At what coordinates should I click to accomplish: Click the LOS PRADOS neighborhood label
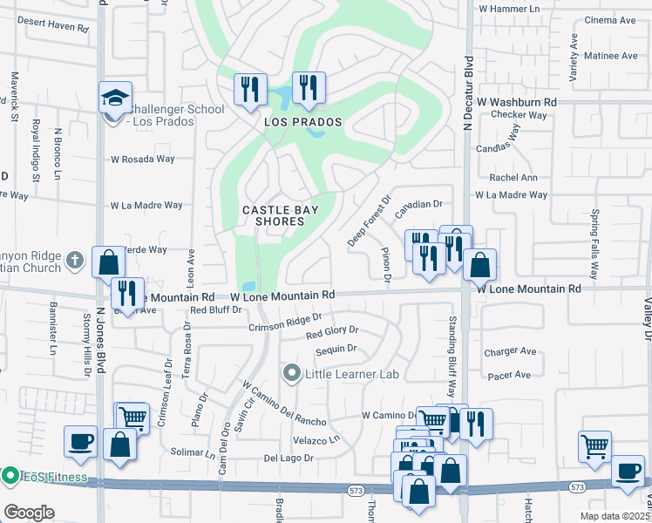(x=302, y=122)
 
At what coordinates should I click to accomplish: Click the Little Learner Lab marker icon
(x=292, y=375)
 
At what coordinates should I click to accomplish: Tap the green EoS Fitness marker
(x=10, y=476)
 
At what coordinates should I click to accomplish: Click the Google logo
(x=29, y=512)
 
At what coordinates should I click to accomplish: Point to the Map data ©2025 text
(x=615, y=516)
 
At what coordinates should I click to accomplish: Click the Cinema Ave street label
(x=611, y=20)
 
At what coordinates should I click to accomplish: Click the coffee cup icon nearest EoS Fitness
(x=80, y=440)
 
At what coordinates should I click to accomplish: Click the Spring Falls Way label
(x=596, y=244)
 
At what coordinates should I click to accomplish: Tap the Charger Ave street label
(x=510, y=352)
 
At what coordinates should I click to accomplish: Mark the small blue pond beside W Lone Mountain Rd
(x=250, y=285)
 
